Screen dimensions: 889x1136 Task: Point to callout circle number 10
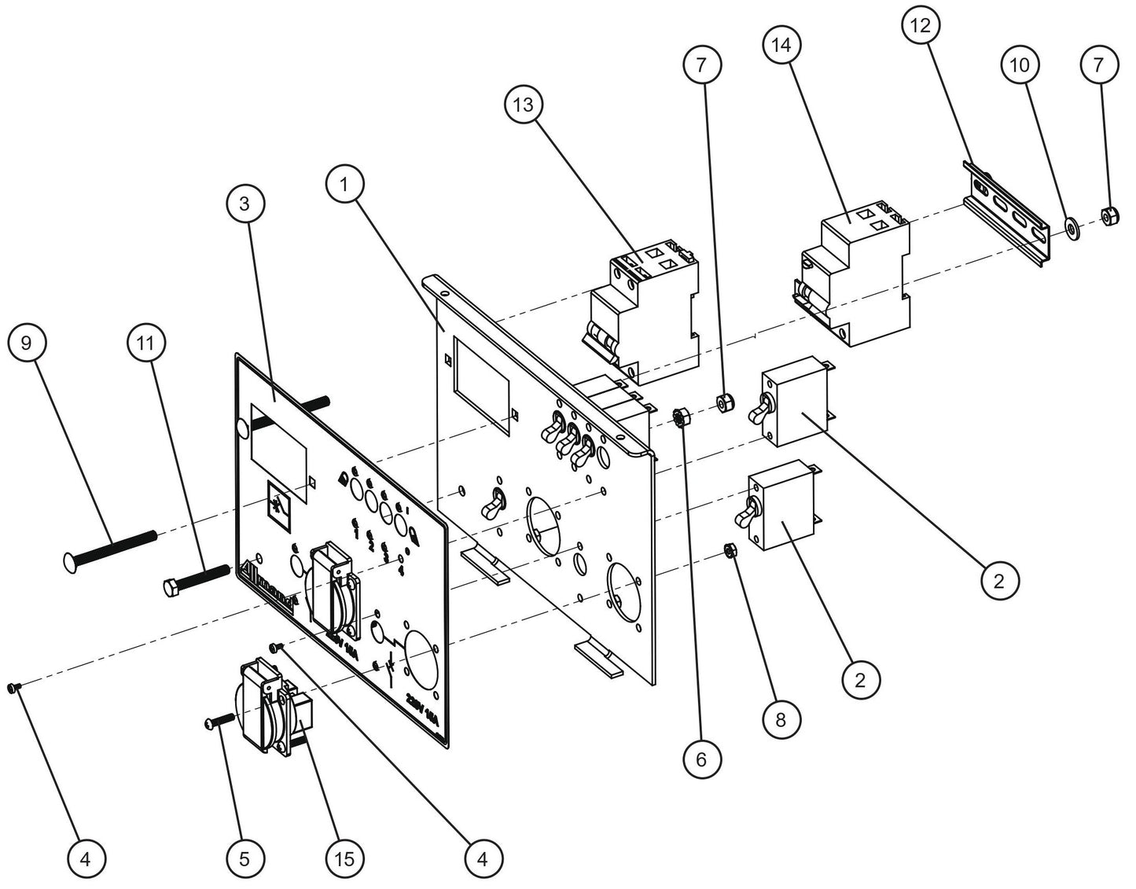coord(1019,65)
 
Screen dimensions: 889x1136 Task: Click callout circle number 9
coord(26,343)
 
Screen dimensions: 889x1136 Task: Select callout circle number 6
coord(701,759)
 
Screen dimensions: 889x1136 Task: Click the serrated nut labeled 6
coord(682,415)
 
